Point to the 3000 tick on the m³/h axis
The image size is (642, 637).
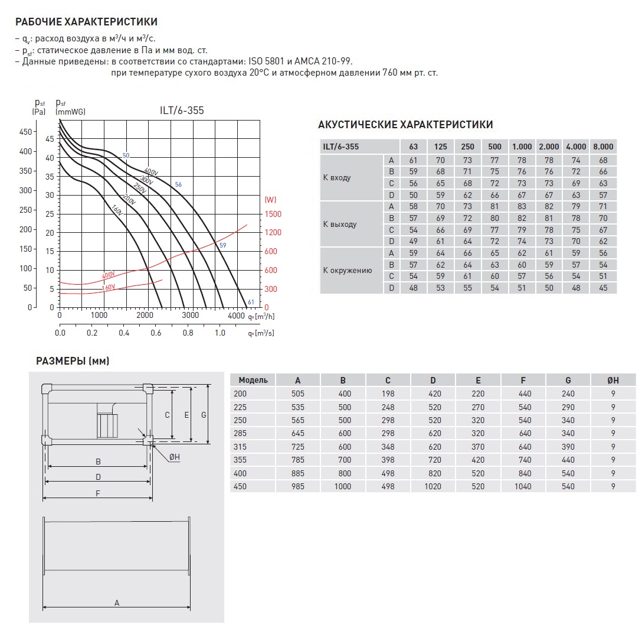pyautogui.click(x=190, y=316)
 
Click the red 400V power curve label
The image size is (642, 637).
pyautogui.click(x=108, y=275)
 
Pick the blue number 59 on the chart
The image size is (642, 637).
pyautogui.click(x=222, y=245)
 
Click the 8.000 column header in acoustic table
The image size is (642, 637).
pyautogui.click(x=603, y=147)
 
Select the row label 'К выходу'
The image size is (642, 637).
pyautogui.click(x=340, y=224)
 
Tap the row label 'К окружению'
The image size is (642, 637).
pyautogui.click(x=347, y=271)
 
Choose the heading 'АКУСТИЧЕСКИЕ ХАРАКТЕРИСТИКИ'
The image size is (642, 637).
pyautogui.click(x=405, y=125)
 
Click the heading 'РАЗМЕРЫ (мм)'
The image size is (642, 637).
pyautogui.click(x=73, y=361)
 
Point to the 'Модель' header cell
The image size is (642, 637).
pyautogui.click(x=253, y=380)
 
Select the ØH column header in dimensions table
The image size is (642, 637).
pyautogui.click(x=614, y=380)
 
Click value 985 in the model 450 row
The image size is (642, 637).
pyautogui.click(x=298, y=486)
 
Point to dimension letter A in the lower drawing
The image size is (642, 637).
pyautogui.click(x=117, y=603)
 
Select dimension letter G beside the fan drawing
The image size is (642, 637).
pyautogui.click(x=204, y=415)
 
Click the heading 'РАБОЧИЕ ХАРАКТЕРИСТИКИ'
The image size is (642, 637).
pyautogui.click(x=86, y=22)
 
